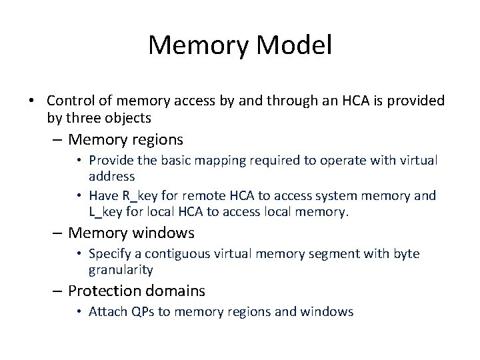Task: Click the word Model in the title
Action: [x=293, y=45]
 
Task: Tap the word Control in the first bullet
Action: [x=71, y=101]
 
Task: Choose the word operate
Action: [x=345, y=160]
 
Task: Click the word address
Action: [x=112, y=177]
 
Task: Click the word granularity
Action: [x=121, y=271]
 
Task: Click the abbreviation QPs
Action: [x=145, y=312]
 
